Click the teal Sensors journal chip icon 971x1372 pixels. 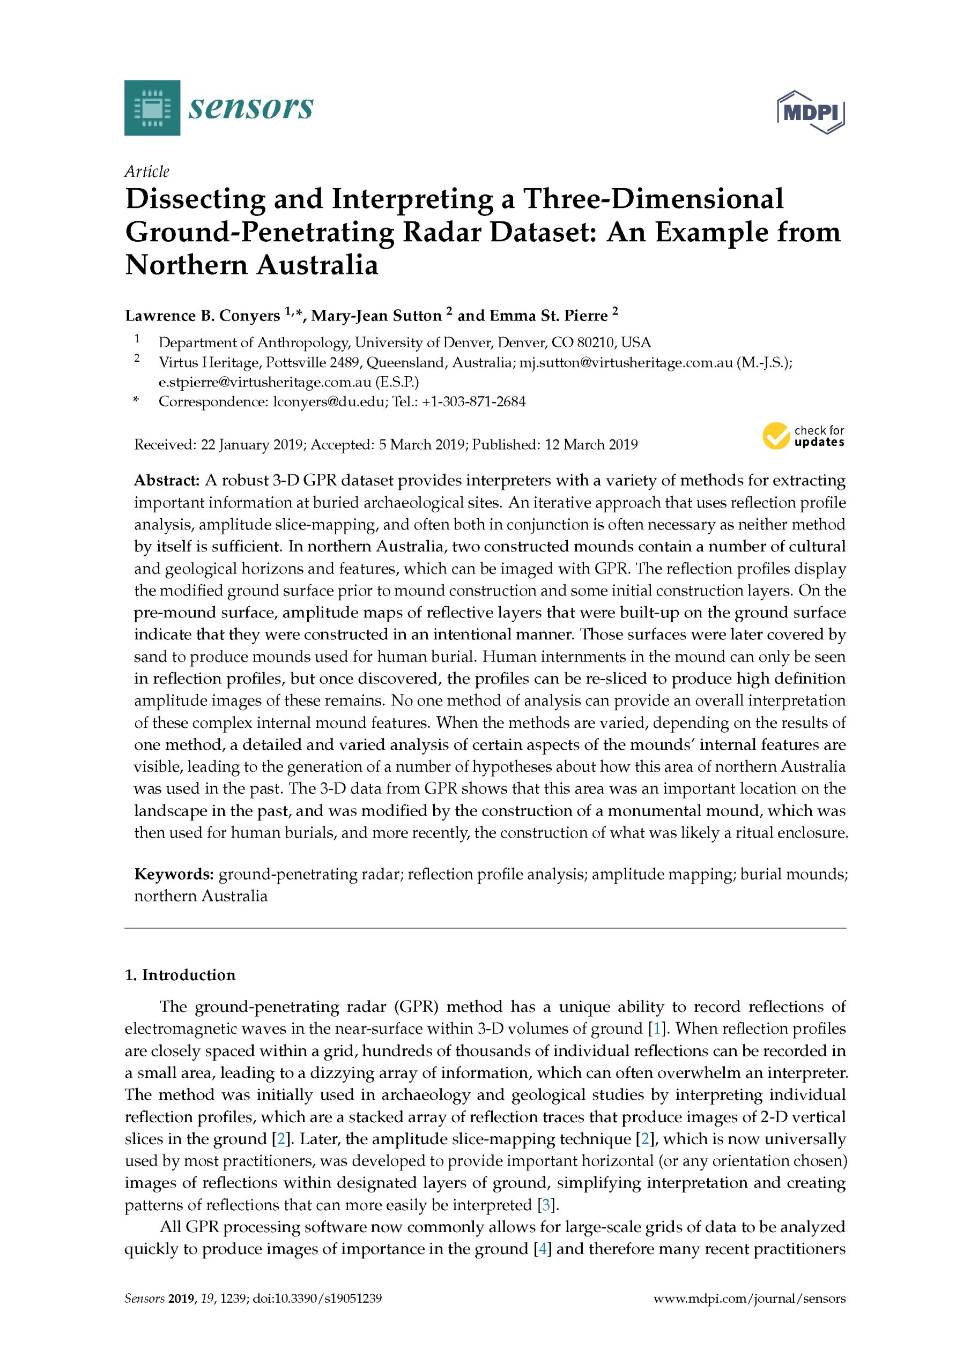[152, 108]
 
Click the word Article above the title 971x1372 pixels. [146, 171]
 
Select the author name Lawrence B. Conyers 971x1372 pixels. [202, 316]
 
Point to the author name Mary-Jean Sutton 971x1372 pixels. [375, 316]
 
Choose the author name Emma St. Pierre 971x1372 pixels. [550, 316]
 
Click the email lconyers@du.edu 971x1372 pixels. [329, 401]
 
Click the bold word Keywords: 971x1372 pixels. [173, 874]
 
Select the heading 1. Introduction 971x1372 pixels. [180, 975]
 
